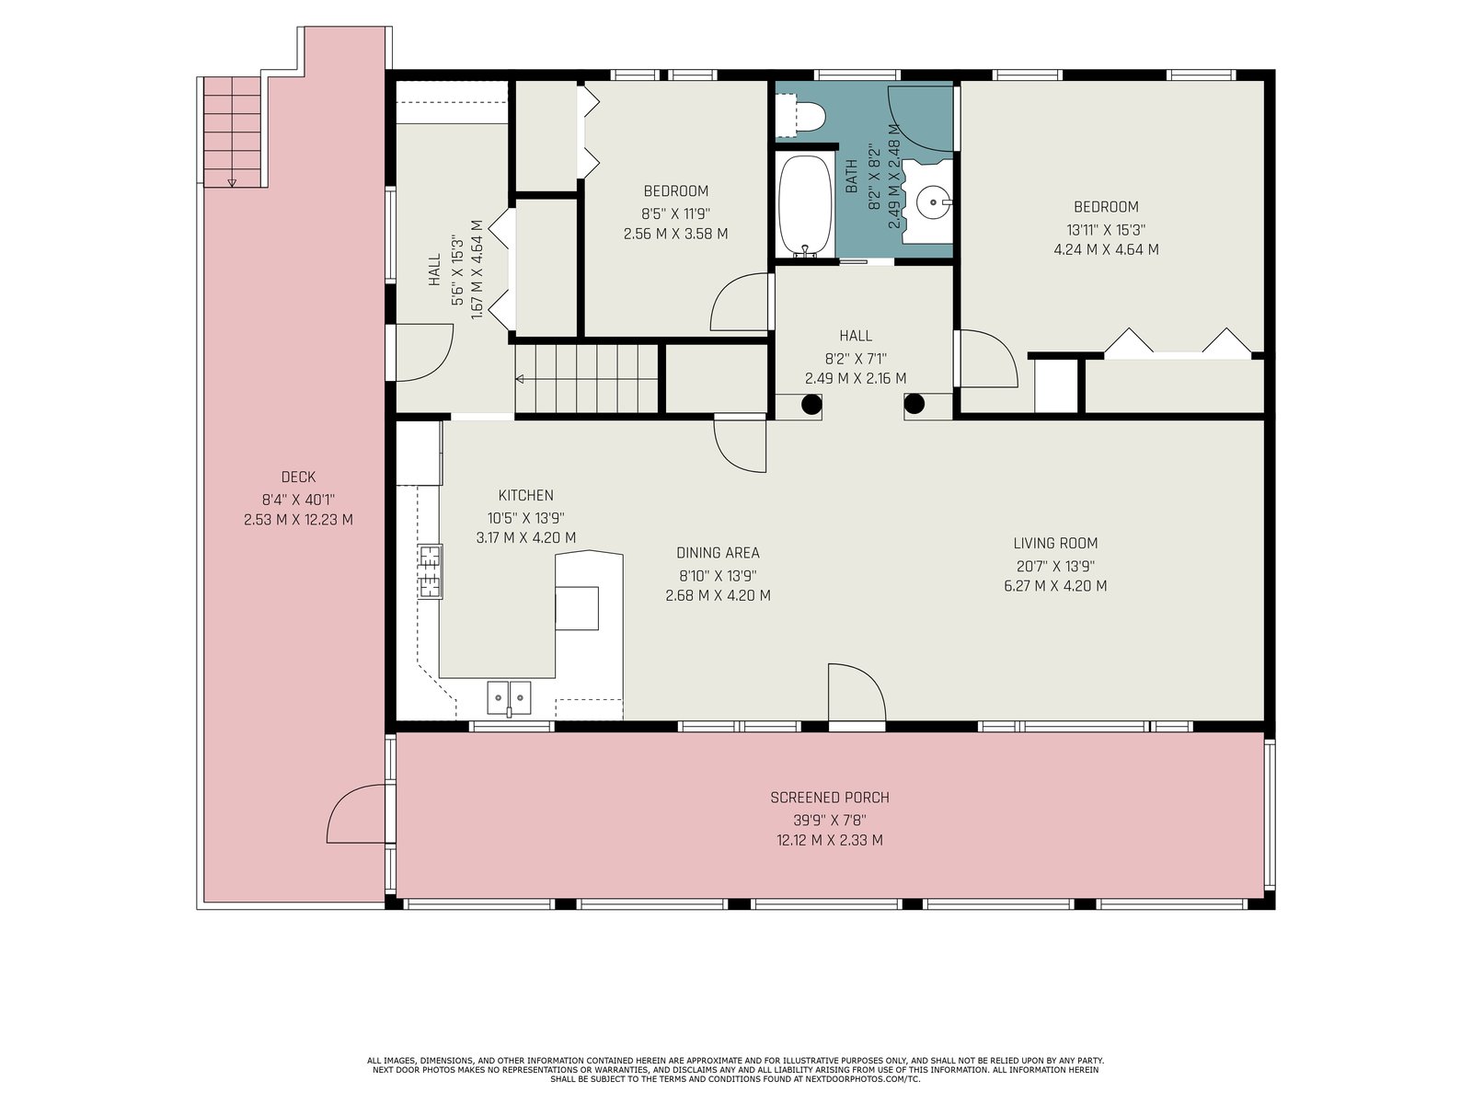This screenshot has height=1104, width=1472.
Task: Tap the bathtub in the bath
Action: click(x=805, y=205)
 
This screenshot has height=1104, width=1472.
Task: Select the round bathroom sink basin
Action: click(x=933, y=201)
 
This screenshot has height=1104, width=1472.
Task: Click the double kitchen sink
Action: click(x=509, y=697)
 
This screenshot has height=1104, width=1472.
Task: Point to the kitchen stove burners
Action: click(x=430, y=571)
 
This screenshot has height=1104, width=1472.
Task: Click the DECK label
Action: click(x=298, y=477)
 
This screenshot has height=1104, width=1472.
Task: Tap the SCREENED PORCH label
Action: click(x=830, y=798)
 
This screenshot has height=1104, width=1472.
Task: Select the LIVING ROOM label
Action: click(x=1055, y=543)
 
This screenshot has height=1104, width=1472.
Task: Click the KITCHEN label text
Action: click(x=525, y=495)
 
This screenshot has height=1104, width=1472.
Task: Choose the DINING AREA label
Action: click(x=718, y=553)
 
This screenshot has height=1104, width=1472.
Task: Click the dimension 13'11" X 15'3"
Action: click(x=1107, y=230)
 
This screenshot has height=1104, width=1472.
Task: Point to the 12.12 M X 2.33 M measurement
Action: click(x=830, y=840)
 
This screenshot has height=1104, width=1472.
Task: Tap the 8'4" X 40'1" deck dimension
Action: click(x=298, y=500)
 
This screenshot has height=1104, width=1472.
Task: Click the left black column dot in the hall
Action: click(x=811, y=404)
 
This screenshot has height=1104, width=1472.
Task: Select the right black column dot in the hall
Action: click(x=914, y=404)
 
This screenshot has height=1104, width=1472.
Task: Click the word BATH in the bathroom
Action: click(x=851, y=177)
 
